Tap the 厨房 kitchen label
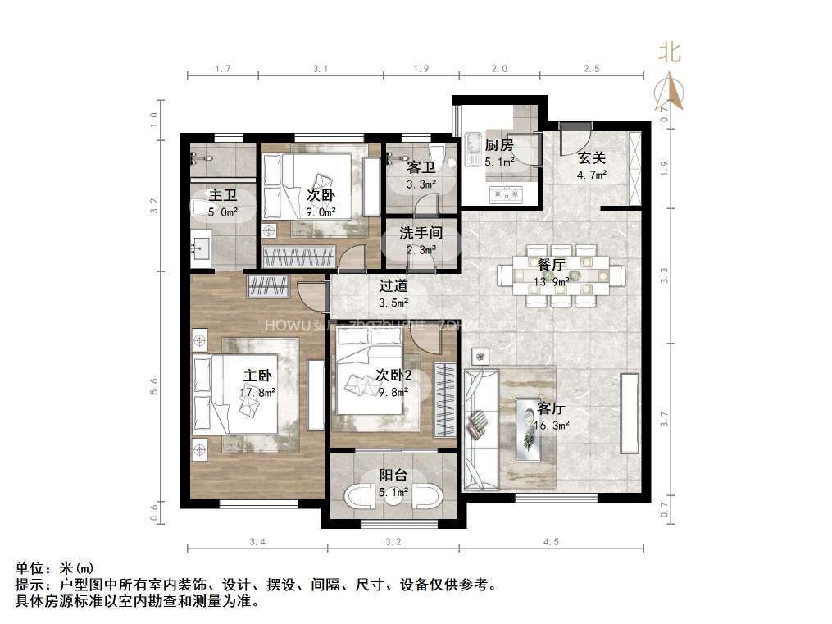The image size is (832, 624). pos(498,145)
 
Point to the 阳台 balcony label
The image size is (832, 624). pos(393,476)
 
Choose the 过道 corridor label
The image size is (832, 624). pos(393,287)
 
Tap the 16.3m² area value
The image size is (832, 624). pos(551,426)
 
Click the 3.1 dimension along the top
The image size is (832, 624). pos(321,69)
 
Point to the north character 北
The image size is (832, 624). pos(670,53)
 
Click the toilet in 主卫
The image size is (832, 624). pos(198,210)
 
